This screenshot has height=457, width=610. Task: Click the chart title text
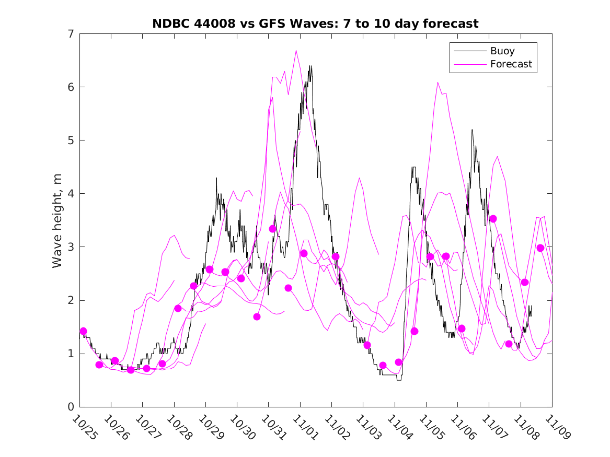[315, 24]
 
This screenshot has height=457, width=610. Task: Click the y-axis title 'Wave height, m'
[57, 220]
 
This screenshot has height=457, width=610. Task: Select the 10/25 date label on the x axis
[85, 428]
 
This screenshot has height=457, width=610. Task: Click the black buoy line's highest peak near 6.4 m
[310, 66]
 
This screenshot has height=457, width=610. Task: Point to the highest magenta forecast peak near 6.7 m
[296, 51]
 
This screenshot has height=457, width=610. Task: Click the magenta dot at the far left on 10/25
[83, 331]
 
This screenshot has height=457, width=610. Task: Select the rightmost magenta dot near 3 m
[540, 248]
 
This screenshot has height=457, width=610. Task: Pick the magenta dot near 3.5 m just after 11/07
[493, 219]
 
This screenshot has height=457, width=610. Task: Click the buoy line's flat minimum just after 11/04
[399, 379]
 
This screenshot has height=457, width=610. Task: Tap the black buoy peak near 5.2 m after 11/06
[472, 130]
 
